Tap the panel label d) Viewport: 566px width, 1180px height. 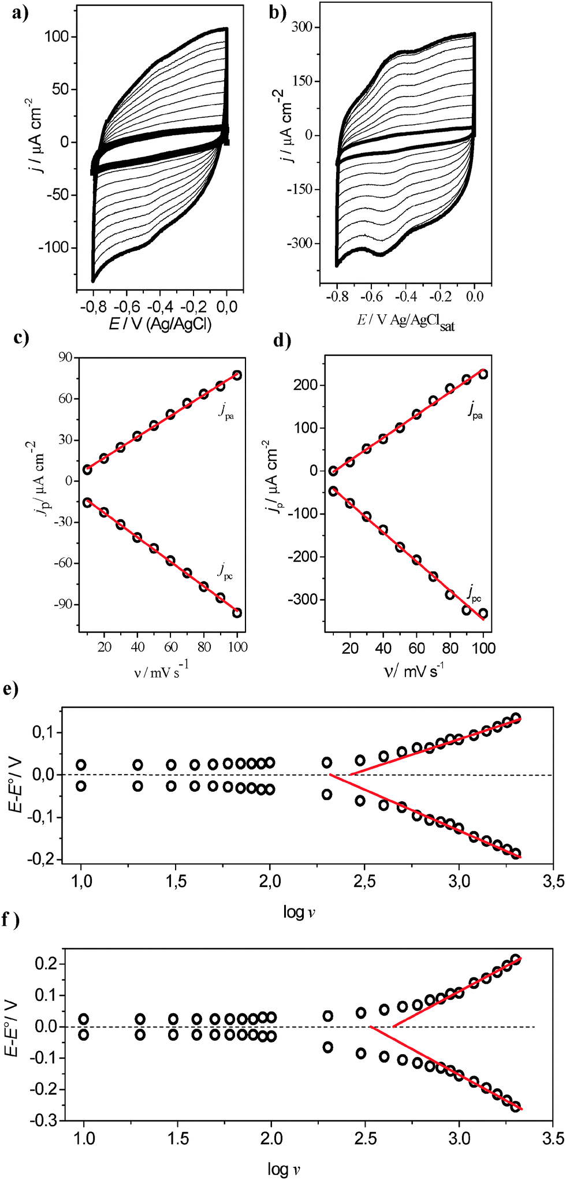tap(282, 341)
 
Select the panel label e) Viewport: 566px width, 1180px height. tap(11, 689)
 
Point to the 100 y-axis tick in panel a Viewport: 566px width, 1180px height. tap(56, 37)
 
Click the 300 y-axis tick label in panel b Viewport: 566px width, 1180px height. tap(301, 27)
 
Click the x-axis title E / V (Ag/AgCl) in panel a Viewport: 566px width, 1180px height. tap(160, 324)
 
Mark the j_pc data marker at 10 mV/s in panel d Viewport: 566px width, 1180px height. tap(333, 491)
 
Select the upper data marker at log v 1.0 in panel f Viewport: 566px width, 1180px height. tap(84, 1019)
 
